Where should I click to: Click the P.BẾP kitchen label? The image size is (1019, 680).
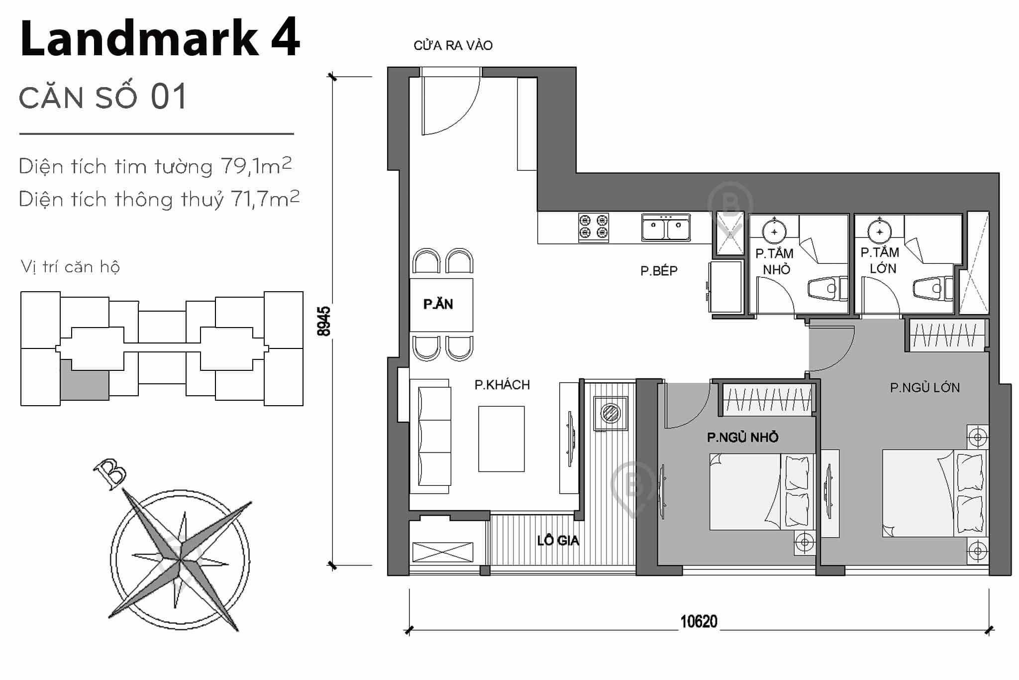(x=659, y=271)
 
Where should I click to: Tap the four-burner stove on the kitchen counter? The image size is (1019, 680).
(x=594, y=227)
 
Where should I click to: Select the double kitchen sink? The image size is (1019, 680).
(x=666, y=227)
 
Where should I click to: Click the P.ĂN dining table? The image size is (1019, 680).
(x=441, y=305)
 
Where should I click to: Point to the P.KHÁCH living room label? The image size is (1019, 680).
(x=502, y=385)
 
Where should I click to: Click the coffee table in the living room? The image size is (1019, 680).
(x=501, y=439)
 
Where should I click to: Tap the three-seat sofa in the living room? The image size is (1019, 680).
(x=431, y=436)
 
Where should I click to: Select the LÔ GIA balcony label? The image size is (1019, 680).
(x=558, y=541)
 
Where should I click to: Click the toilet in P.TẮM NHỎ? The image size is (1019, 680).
(x=827, y=289)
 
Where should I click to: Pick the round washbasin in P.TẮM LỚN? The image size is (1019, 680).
(x=880, y=232)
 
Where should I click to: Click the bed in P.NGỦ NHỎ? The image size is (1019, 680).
(x=761, y=491)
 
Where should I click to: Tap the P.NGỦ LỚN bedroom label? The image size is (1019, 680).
(x=924, y=388)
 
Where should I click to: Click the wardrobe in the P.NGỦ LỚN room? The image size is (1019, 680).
(x=947, y=335)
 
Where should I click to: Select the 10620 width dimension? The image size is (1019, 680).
(x=699, y=622)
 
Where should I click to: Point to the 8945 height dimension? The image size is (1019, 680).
(x=324, y=321)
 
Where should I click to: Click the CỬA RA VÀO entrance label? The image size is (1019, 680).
(x=453, y=46)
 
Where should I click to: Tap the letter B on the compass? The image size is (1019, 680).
(x=110, y=473)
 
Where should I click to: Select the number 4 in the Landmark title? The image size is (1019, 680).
(x=286, y=38)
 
